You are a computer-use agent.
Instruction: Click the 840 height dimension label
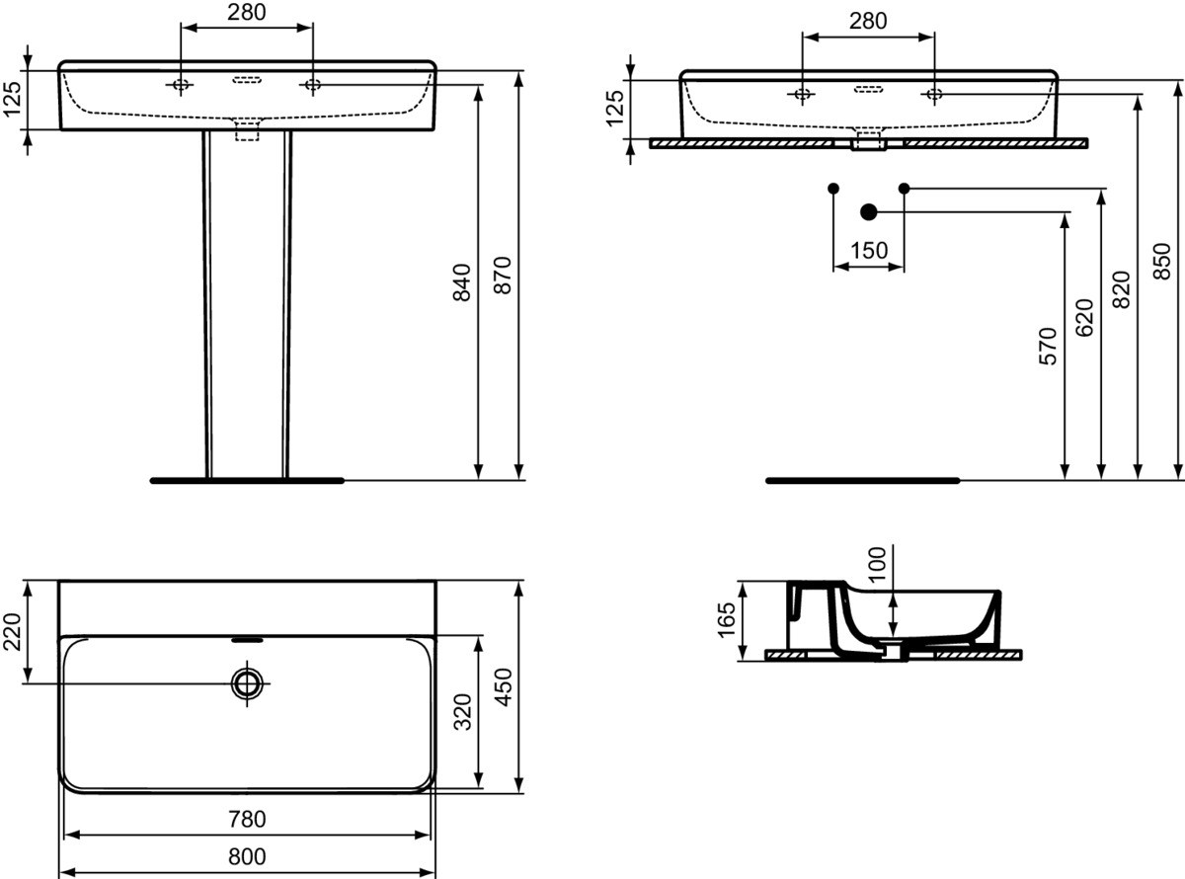461,282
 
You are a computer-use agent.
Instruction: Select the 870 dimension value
503,276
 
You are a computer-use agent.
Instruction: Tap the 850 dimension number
1162,261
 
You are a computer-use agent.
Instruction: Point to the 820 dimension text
1122,289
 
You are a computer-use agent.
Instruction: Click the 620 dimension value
1084,318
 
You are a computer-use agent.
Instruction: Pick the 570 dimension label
1048,347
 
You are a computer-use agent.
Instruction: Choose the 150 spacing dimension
869,250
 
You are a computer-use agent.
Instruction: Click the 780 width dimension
247,819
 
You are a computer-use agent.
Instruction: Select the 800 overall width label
247,856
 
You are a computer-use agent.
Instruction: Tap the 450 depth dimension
503,686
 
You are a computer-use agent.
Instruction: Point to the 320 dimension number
463,712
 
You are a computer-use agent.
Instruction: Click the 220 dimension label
12,632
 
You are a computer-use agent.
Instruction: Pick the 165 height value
727,620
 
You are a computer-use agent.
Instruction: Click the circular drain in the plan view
247,682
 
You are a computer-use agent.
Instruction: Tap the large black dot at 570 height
869,212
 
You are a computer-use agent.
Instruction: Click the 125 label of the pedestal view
12,99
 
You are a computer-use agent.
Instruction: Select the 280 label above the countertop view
868,21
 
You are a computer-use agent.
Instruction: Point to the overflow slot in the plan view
247,640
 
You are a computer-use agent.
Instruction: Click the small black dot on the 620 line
904,188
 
